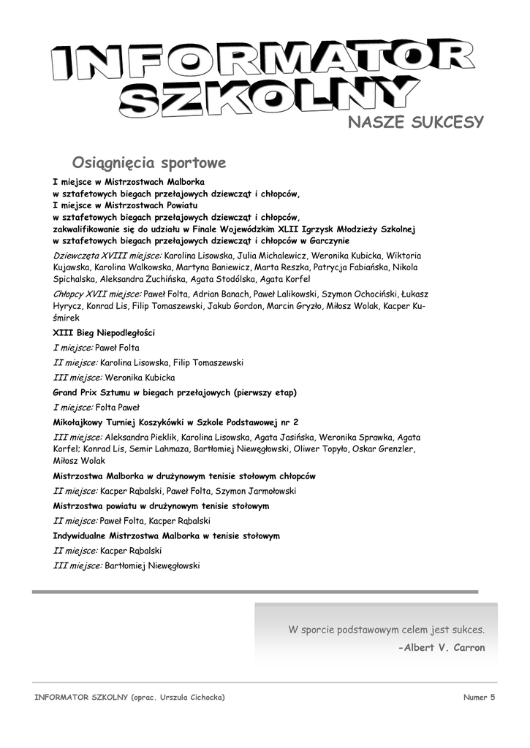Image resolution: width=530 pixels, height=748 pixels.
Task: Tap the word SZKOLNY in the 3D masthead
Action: tap(263, 99)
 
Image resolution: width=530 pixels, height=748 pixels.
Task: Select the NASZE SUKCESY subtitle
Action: tap(415, 122)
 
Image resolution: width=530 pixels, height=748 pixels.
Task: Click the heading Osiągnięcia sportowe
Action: tap(149, 161)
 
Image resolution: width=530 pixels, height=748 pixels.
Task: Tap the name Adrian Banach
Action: tap(200, 294)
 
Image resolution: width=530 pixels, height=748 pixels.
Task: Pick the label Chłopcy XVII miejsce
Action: tap(97, 294)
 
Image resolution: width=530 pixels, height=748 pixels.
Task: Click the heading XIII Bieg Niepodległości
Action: tap(104, 332)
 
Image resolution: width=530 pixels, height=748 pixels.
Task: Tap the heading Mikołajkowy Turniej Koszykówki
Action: tap(175, 422)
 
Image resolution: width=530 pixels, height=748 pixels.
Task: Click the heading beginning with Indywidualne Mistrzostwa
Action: tap(166, 535)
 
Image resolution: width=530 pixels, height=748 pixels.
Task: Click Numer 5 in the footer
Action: tap(479, 697)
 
